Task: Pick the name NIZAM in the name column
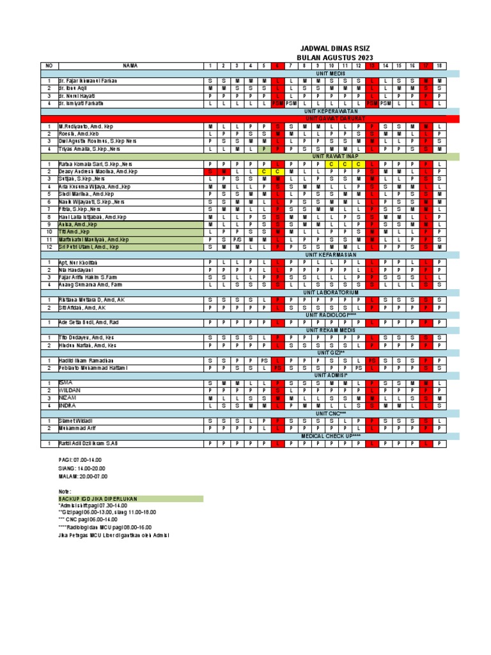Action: pos(67,397)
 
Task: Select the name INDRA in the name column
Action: pos(67,405)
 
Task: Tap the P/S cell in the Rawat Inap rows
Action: pos(236,239)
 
